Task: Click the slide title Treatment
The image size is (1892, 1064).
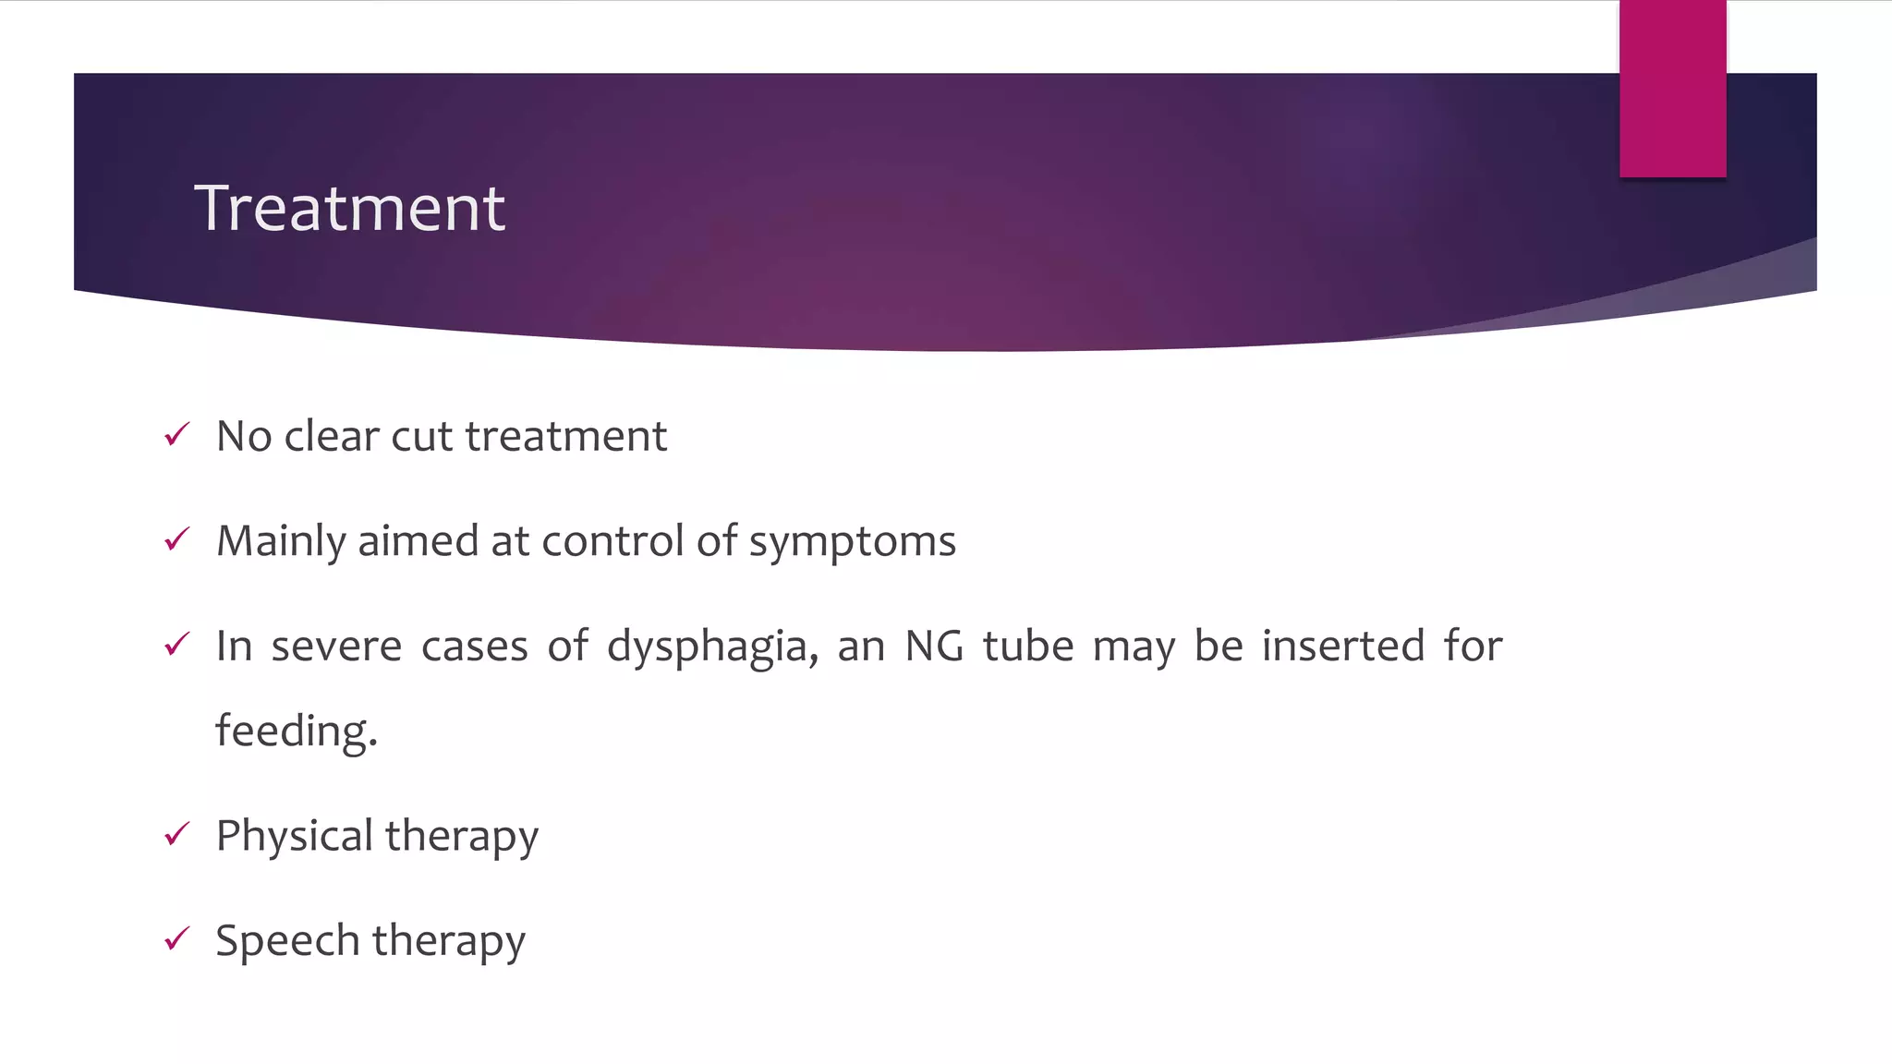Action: point(349,208)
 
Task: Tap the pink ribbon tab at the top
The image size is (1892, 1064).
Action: point(1672,89)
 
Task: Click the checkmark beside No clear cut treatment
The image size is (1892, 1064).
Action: point(176,434)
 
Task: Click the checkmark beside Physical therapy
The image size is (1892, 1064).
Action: point(176,834)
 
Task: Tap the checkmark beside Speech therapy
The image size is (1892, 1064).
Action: point(176,939)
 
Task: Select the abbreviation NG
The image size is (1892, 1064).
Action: point(934,646)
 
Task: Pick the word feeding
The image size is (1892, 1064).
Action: point(297,731)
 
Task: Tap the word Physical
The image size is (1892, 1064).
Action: point(294,836)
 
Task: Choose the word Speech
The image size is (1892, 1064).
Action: point(287,941)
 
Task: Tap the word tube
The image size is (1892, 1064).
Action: point(1028,646)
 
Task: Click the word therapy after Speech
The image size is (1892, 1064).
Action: point(449,941)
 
